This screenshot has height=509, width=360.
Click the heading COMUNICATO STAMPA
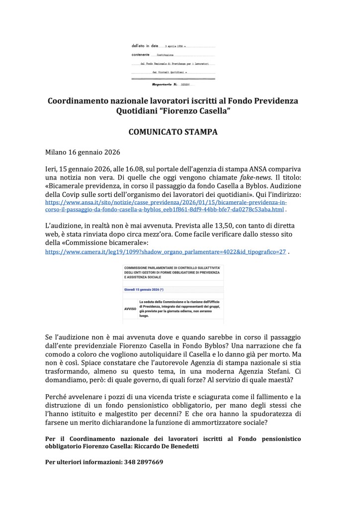coord(180,133)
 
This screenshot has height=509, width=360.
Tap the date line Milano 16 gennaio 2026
coord(84,152)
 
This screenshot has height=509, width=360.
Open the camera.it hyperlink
coord(165,252)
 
